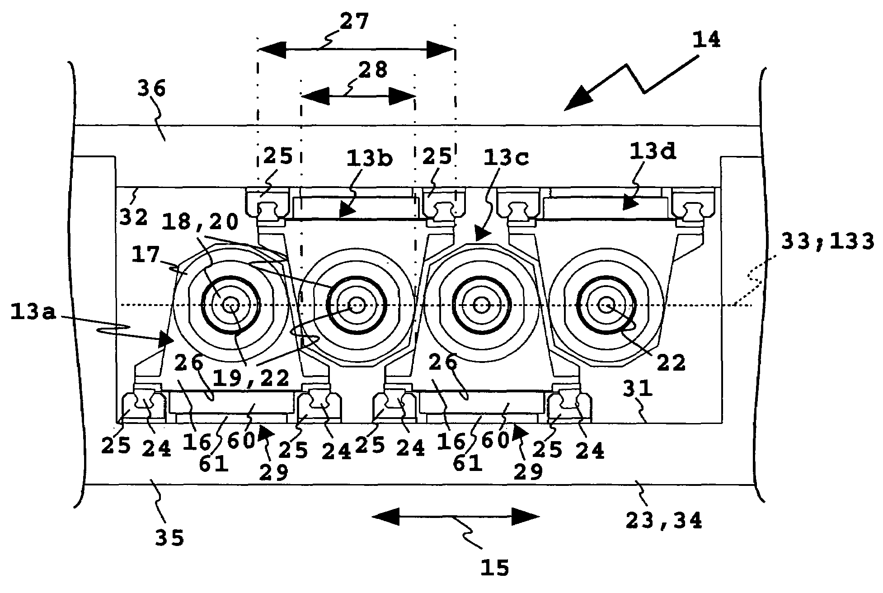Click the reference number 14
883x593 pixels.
coord(705,40)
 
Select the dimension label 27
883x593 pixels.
coord(355,21)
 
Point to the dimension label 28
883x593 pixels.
coord(373,70)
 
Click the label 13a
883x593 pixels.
coord(33,313)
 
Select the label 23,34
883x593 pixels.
coord(664,521)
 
